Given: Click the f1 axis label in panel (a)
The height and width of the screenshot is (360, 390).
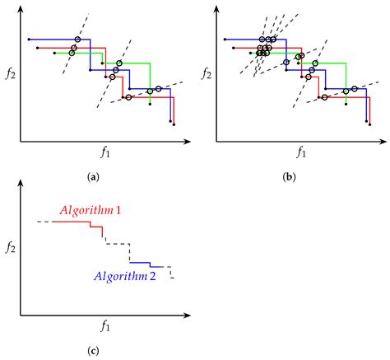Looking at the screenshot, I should pyautogui.click(x=105, y=152).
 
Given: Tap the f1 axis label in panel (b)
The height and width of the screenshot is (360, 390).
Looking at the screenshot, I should pyautogui.click(x=301, y=152).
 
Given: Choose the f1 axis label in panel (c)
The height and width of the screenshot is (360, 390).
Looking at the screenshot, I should pyautogui.click(x=105, y=326).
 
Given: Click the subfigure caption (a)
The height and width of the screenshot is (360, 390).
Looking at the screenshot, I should pyautogui.click(x=93, y=176).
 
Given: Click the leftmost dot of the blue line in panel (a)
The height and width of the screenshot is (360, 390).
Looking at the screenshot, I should pyautogui.click(x=29, y=39).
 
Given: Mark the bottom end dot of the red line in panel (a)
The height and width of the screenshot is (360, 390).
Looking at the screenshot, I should pyautogui.click(x=175, y=126).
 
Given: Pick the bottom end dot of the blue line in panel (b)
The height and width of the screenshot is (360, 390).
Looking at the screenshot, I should pyautogui.click(x=366, y=122).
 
